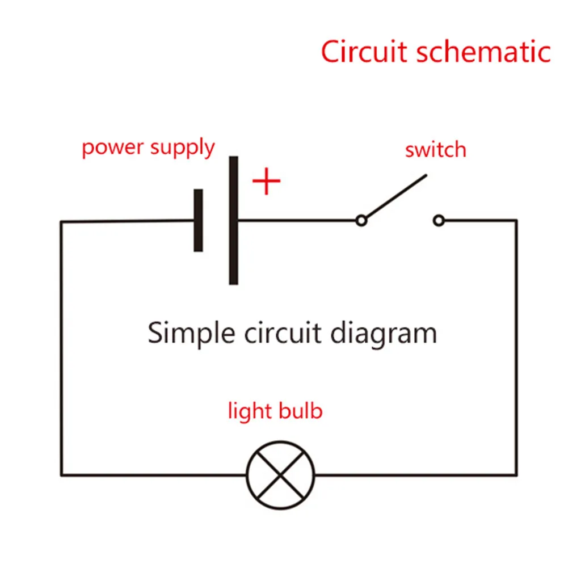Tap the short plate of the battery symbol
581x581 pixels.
click(198, 220)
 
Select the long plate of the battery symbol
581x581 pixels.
click(233, 220)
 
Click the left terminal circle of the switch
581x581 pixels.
click(361, 220)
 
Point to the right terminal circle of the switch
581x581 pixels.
click(439, 220)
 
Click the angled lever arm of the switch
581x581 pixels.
click(395, 196)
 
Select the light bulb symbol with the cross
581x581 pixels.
click(280, 474)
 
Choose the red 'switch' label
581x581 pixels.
click(435, 150)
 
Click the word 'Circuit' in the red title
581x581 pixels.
click(364, 52)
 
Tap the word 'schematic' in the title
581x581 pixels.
click(483, 52)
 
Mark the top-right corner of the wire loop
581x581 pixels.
click(516, 220)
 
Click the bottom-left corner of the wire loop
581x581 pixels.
click(61, 474)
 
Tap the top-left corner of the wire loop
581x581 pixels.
click(61, 221)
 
